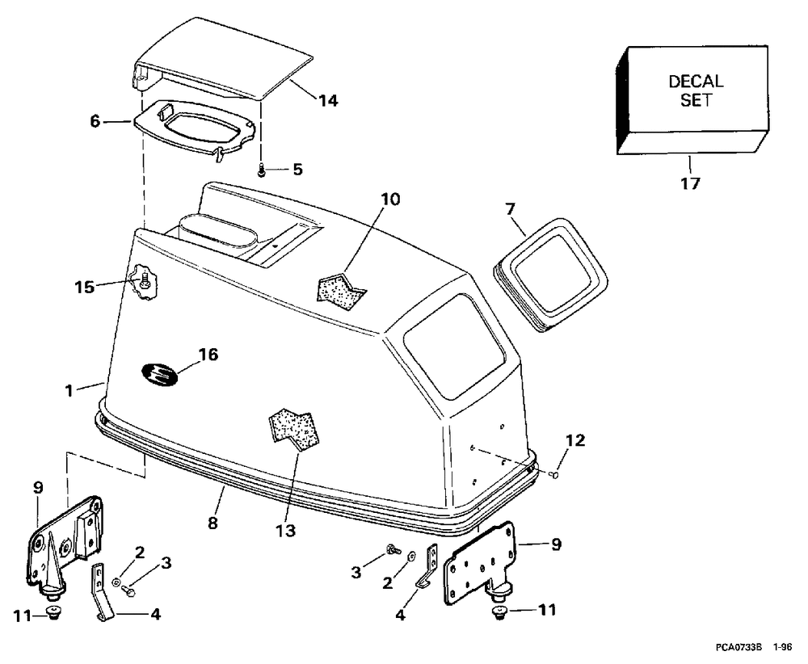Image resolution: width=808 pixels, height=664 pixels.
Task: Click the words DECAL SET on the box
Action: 696,90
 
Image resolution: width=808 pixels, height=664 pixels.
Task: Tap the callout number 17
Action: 691,183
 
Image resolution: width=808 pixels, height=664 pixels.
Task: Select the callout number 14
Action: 328,100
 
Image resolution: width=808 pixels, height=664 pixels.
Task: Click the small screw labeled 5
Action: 261,170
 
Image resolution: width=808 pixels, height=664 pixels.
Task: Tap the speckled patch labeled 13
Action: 295,429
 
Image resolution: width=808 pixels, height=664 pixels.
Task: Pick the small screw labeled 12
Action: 554,474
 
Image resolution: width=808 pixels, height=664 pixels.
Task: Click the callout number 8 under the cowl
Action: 213,523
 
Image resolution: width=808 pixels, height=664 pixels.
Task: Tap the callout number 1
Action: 69,390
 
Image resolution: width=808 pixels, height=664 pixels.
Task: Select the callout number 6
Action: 95,121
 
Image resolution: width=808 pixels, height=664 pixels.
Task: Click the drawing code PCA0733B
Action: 739,647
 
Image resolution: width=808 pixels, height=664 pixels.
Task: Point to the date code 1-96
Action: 783,647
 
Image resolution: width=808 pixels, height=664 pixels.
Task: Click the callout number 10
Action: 390,199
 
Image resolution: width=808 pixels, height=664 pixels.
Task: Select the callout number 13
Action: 285,530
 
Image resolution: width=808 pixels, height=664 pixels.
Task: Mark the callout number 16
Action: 208,355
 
